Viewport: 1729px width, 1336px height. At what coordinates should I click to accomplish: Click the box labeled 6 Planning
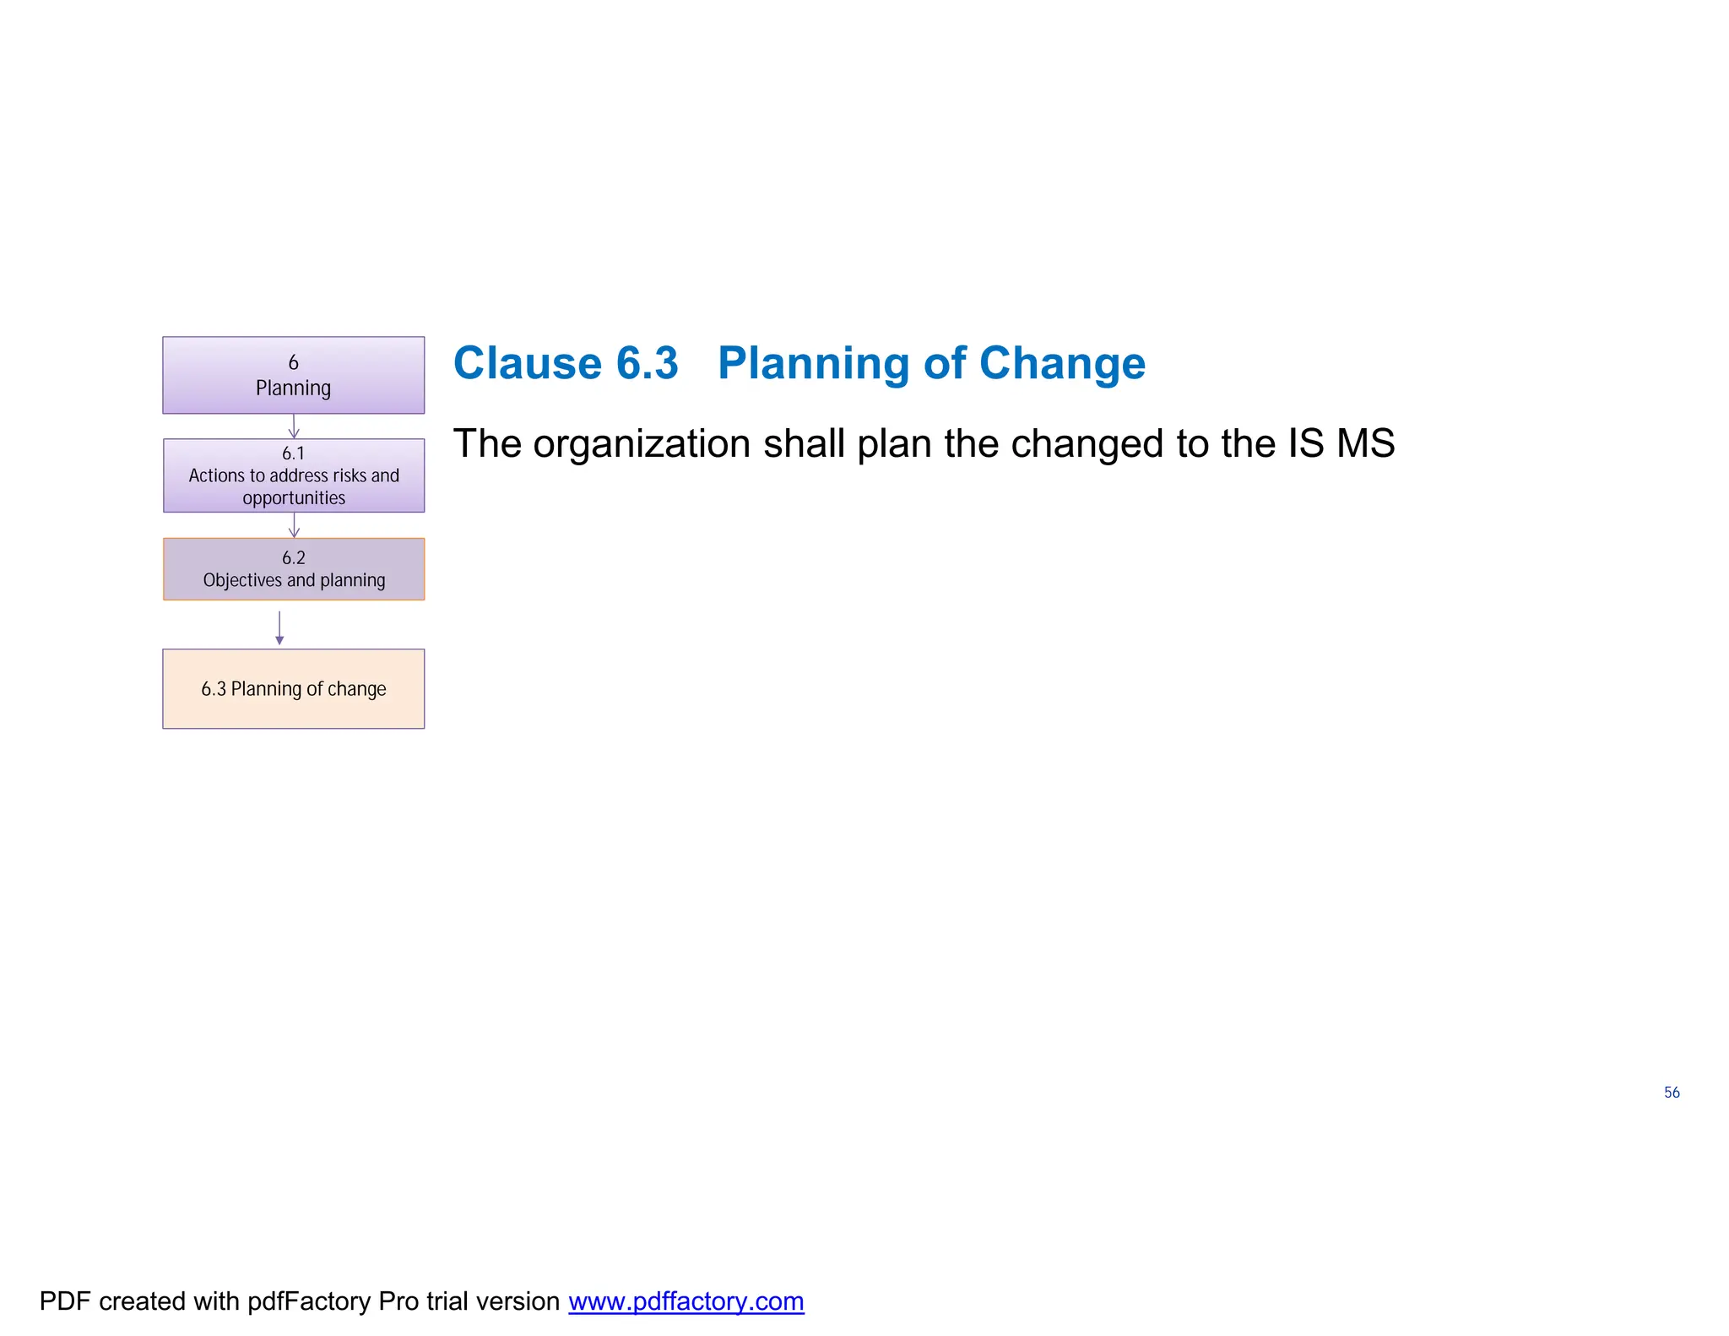(x=293, y=375)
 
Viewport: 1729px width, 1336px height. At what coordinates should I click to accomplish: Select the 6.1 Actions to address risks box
(x=293, y=475)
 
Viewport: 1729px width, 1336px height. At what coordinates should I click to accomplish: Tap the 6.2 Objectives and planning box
(x=293, y=568)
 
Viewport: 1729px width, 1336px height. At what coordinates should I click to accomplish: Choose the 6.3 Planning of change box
(x=293, y=688)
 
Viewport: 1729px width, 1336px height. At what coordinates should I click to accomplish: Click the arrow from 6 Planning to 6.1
(x=294, y=426)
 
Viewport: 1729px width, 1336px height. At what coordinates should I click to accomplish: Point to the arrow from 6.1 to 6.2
(x=294, y=525)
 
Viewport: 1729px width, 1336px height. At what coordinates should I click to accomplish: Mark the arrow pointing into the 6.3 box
(x=279, y=628)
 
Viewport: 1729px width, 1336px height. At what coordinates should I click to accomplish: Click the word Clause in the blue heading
(x=527, y=363)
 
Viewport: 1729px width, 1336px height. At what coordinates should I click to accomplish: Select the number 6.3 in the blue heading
(x=647, y=363)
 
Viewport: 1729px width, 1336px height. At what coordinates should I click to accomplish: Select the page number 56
(x=1672, y=1092)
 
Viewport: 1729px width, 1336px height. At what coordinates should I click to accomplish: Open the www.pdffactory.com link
(x=686, y=1301)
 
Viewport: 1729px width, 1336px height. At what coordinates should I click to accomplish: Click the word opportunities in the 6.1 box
(x=294, y=498)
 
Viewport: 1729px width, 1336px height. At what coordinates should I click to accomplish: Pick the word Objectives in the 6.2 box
(x=242, y=580)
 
